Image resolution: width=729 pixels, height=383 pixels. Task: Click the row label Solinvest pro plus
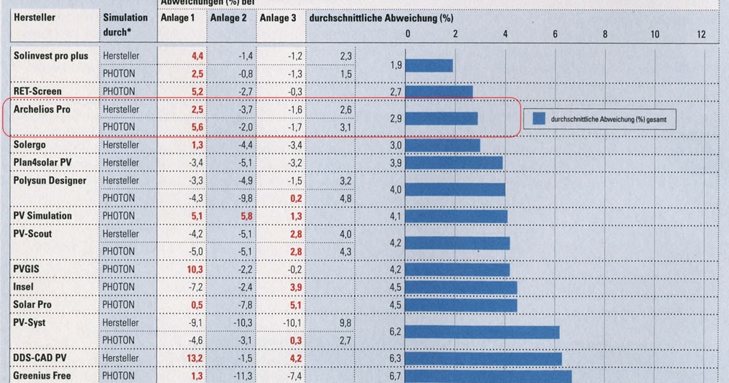tap(50, 55)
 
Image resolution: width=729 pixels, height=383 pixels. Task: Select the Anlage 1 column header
tap(177, 18)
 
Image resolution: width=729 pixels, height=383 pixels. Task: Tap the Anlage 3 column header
tap(278, 18)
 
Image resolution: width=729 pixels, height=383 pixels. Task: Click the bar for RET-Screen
tap(439, 91)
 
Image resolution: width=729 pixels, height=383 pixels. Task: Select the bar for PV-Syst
tap(482, 332)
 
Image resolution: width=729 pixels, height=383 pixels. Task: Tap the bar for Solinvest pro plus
tap(429, 65)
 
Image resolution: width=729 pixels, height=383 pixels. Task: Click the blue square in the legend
tap(539, 117)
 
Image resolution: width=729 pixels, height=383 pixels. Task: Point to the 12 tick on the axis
tap(701, 34)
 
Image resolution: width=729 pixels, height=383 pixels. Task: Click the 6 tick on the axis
tap(555, 34)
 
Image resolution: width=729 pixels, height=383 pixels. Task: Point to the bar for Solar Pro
tap(461, 304)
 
